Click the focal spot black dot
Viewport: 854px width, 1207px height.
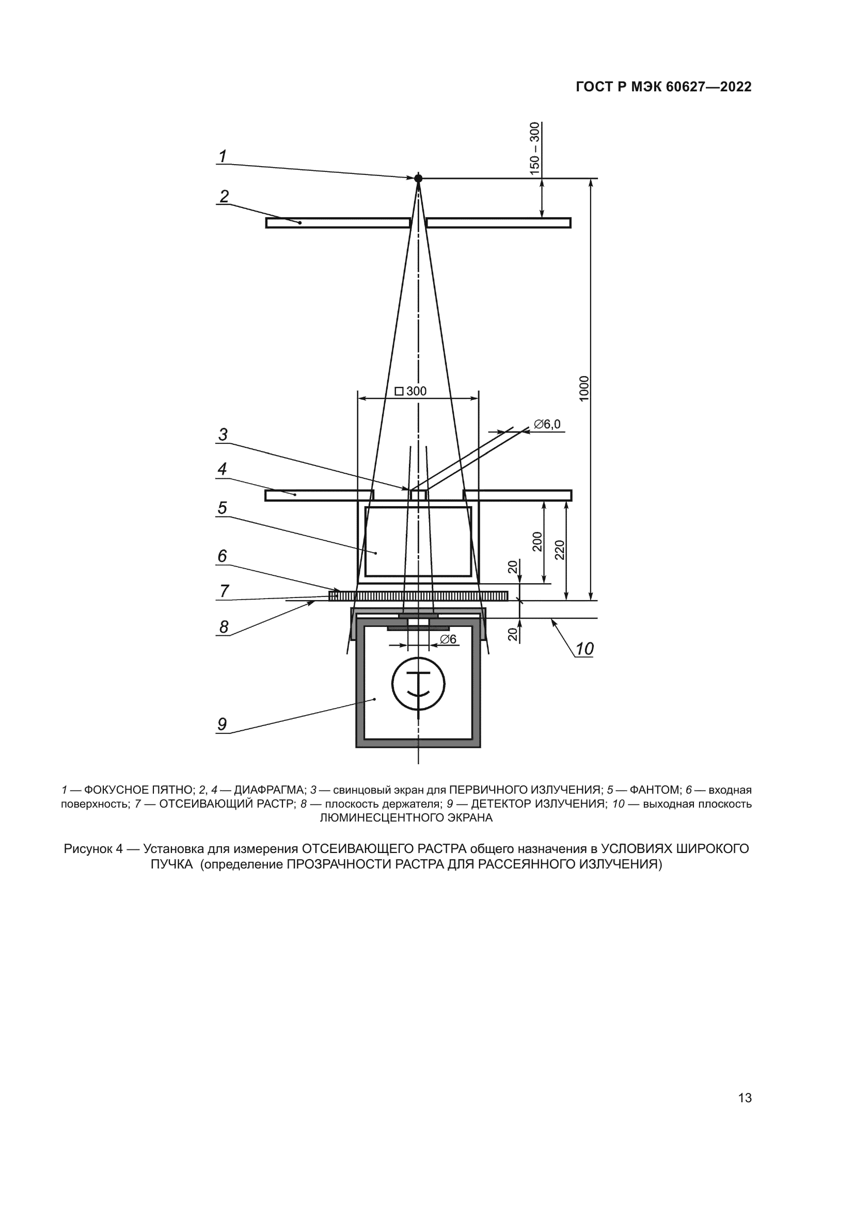click(418, 179)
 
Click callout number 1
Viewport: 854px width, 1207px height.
click(223, 157)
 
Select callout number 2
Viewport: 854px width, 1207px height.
click(224, 197)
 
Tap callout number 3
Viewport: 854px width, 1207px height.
click(223, 434)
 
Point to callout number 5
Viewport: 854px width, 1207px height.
click(223, 508)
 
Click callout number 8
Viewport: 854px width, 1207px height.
click(224, 626)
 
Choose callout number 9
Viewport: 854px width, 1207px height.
click(223, 725)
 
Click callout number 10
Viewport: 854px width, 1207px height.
click(584, 649)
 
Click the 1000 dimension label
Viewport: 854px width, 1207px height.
click(584, 389)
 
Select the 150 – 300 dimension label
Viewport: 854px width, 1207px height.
click(535, 148)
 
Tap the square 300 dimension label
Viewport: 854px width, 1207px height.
click(410, 391)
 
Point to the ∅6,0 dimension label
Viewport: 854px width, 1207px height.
click(547, 424)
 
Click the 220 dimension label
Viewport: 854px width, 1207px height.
click(560, 550)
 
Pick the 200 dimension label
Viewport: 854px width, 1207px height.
click(537, 542)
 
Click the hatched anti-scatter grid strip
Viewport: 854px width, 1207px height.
click(418, 596)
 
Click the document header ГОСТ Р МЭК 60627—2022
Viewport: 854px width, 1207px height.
click(663, 87)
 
